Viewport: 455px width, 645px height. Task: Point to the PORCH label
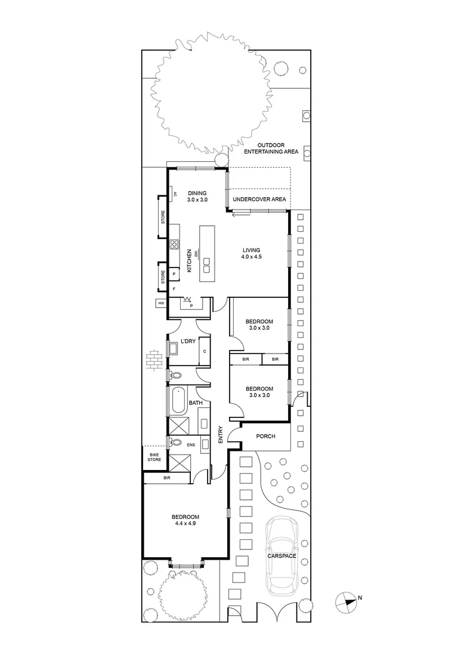point(265,436)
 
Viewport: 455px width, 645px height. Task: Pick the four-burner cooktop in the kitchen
point(175,244)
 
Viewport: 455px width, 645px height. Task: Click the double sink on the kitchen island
point(207,261)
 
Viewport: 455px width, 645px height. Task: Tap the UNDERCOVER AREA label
point(259,199)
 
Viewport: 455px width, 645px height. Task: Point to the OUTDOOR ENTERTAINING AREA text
point(278,149)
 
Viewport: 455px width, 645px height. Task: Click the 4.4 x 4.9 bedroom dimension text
point(185,523)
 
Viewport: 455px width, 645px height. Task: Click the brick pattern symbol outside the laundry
point(153,360)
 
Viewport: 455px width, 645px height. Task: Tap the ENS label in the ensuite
point(191,445)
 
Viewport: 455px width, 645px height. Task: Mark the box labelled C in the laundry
point(204,352)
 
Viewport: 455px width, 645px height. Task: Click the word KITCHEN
point(190,261)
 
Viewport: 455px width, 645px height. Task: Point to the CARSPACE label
point(283,555)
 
